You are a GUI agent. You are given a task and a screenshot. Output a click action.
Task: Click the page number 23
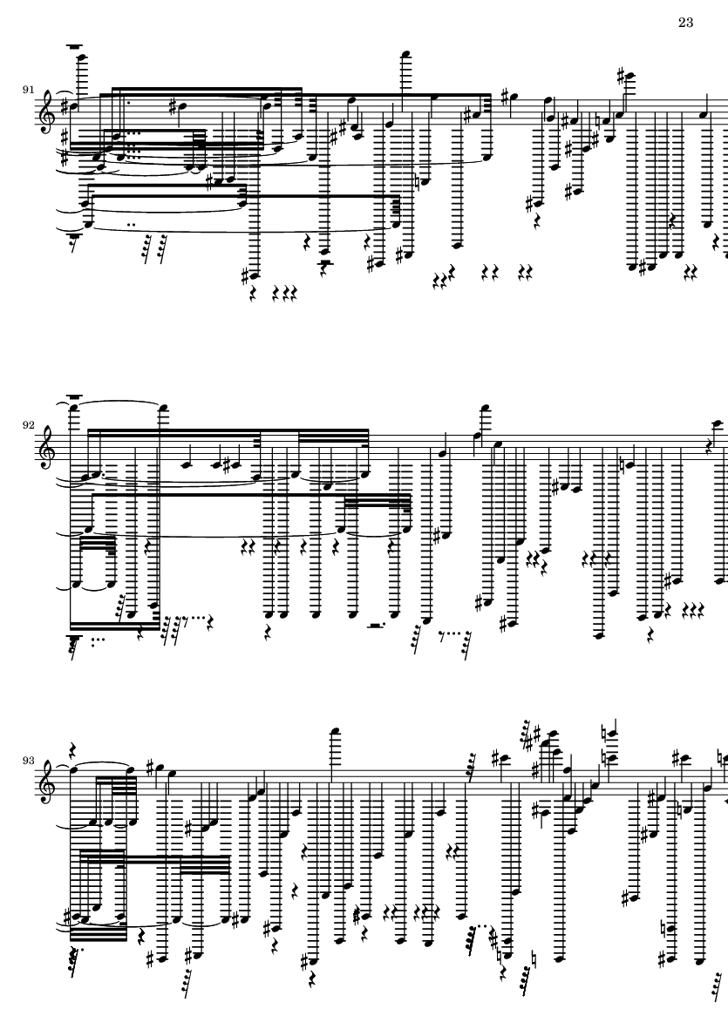pyautogui.click(x=684, y=23)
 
